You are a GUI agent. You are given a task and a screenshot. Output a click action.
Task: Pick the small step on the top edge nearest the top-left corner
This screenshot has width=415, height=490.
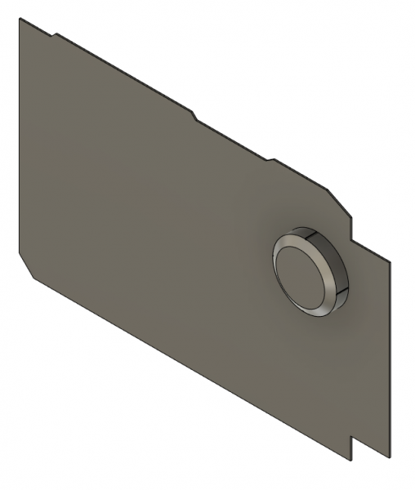tap(56, 34)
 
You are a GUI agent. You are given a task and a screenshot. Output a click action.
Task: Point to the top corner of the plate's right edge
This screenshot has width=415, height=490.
tap(390, 260)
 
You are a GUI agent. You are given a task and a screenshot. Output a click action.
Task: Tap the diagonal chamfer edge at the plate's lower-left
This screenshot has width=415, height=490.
tap(26, 265)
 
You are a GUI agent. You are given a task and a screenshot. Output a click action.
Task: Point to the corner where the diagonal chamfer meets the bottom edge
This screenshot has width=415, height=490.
tap(33, 278)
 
